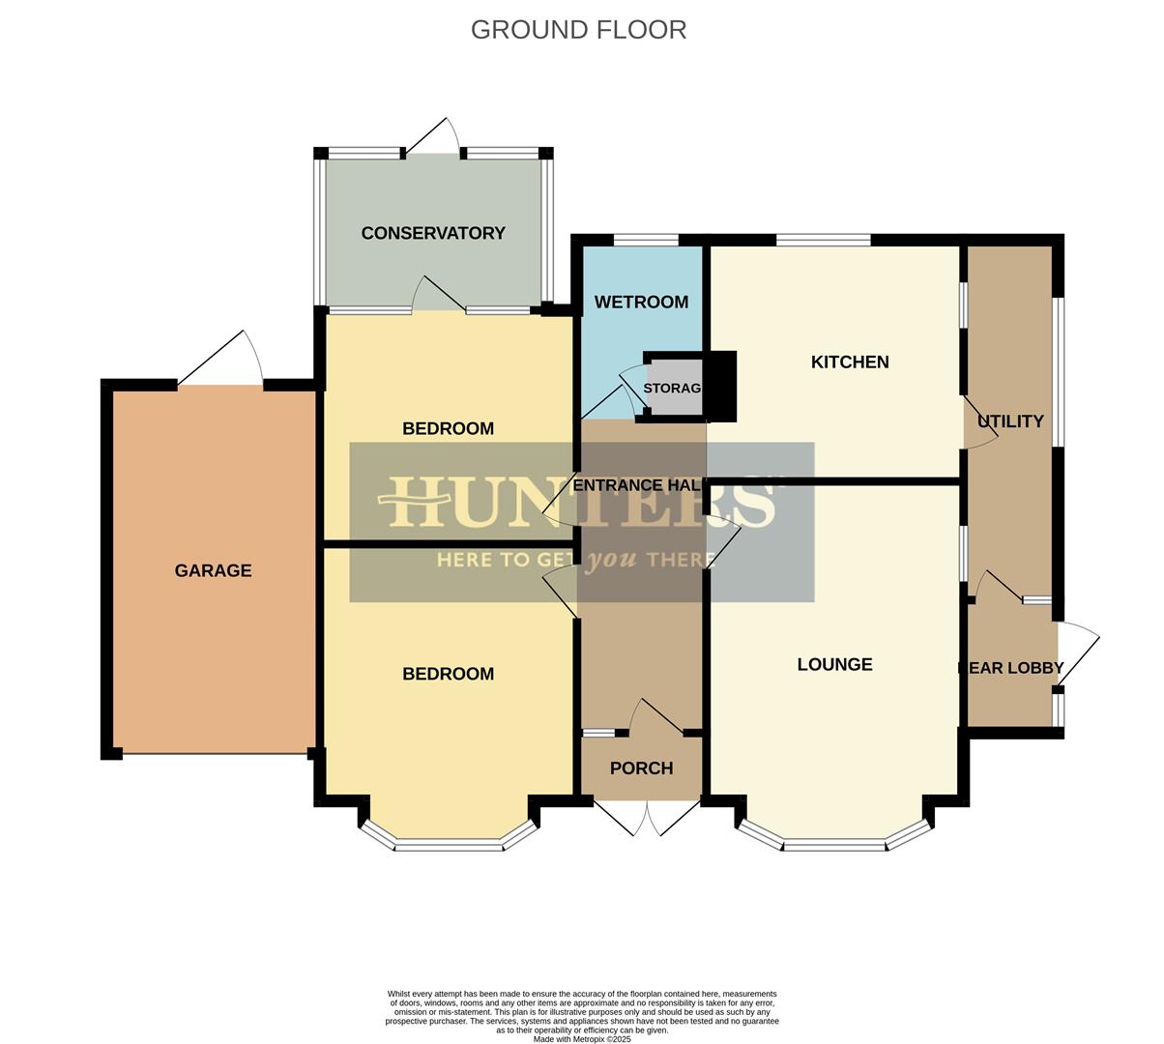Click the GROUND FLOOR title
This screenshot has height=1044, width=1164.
click(578, 30)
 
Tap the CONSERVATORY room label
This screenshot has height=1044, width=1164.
click(433, 233)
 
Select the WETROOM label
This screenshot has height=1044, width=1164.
click(641, 303)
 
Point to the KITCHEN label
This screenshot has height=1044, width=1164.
click(850, 362)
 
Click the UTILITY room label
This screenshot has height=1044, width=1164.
click(1010, 421)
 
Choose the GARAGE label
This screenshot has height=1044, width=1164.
click(213, 571)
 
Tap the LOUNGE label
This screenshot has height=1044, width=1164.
click(834, 665)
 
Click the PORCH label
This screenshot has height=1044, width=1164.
click(641, 768)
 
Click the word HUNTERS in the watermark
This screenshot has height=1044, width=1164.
click(580, 503)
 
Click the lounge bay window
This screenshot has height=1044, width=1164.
click(834, 845)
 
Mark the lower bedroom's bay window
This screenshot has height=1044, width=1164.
click(449, 845)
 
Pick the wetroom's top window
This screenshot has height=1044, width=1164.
click(646, 240)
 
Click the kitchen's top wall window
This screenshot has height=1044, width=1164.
click(823, 240)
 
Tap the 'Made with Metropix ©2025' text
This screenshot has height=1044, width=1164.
click(581, 1039)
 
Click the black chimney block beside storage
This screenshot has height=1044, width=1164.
click(722, 386)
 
